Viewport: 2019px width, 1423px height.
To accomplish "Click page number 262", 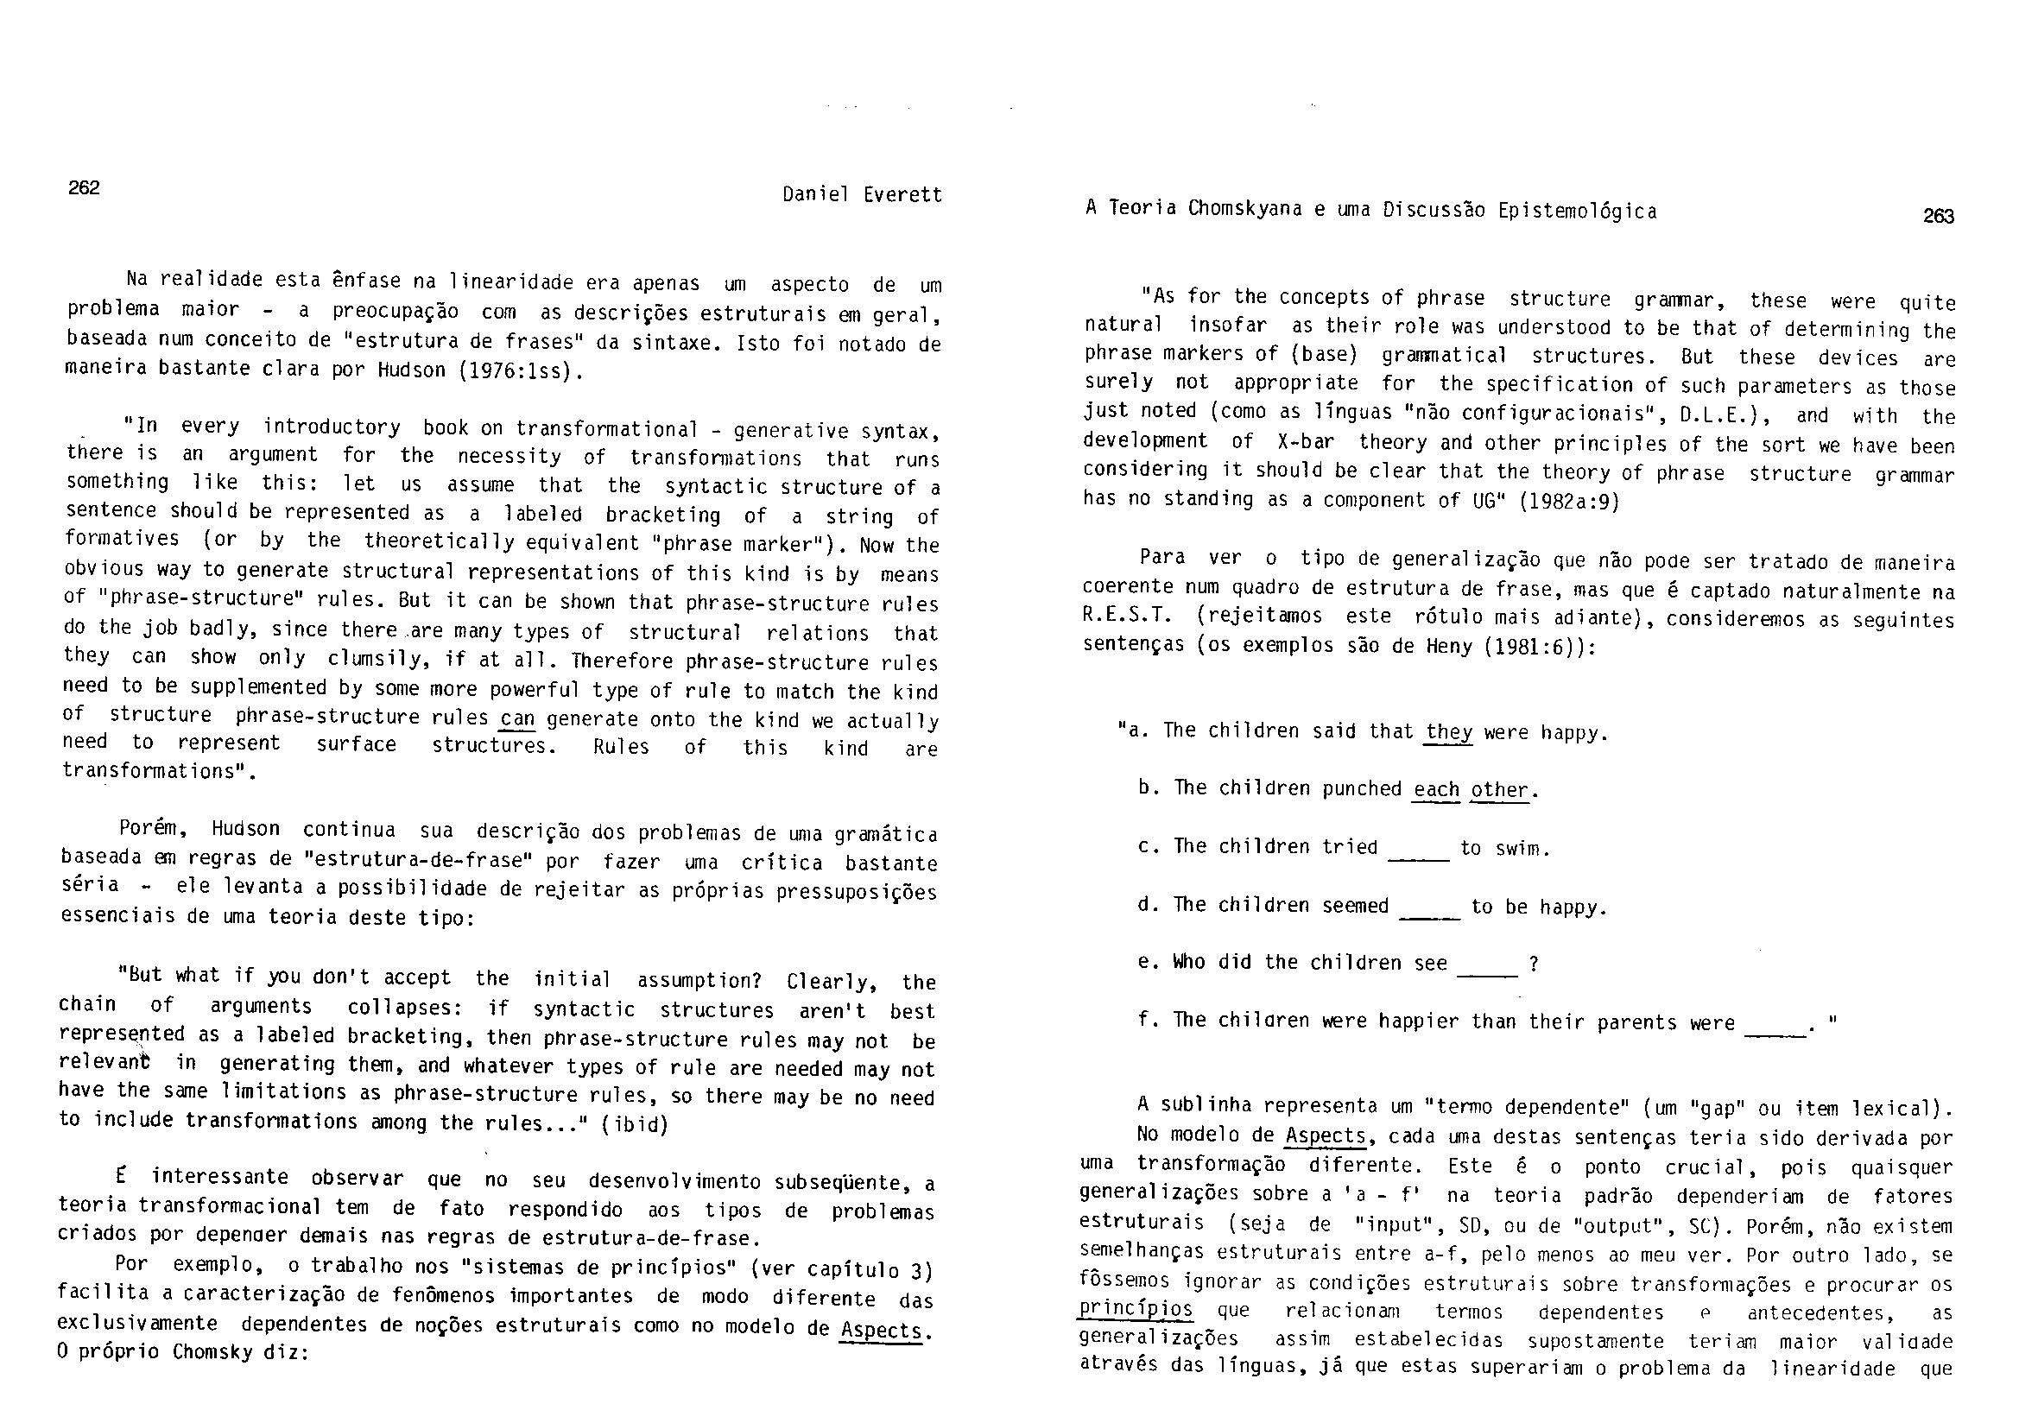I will click(85, 187).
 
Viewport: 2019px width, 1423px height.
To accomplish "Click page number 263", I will click(1938, 217).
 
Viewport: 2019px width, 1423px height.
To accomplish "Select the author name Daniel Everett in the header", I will click(862, 194).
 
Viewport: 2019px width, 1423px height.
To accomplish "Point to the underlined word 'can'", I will click(517, 718).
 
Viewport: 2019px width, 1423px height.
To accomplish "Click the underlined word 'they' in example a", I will click(1448, 731).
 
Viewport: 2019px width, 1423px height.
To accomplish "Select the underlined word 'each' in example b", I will click(1436, 789).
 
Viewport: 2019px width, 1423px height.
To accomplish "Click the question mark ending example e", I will click(1534, 964).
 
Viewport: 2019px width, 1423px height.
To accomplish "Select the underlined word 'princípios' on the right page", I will click(1136, 1309).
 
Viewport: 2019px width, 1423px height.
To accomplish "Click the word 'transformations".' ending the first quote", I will click(159, 771).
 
